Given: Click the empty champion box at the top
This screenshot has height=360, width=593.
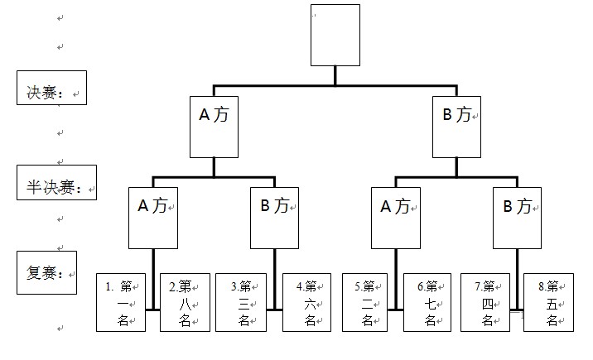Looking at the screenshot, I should (335, 35).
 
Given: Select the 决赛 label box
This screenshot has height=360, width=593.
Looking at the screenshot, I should (51, 87).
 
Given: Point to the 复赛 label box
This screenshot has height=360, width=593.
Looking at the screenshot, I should (46, 272).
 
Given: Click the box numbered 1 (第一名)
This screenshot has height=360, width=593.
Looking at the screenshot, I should (121, 302).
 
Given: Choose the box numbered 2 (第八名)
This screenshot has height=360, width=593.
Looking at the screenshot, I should (185, 302).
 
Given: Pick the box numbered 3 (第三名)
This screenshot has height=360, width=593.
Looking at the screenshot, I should (242, 302).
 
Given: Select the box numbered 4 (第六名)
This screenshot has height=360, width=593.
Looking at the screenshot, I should (307, 302).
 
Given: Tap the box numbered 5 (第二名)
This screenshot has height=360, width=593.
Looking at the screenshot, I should (367, 302).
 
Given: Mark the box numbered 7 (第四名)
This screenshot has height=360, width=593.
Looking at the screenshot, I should (485, 302).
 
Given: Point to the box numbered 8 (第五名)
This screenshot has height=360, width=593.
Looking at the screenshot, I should (548, 302).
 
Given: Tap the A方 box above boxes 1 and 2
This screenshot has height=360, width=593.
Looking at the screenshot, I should (153, 217).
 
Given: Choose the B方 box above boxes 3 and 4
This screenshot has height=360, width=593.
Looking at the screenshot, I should (274, 217).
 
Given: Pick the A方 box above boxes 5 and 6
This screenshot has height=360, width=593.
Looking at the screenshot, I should (395, 217).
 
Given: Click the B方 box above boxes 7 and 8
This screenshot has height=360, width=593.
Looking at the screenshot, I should (517, 217).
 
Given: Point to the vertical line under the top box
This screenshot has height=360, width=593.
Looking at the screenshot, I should (335, 75).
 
